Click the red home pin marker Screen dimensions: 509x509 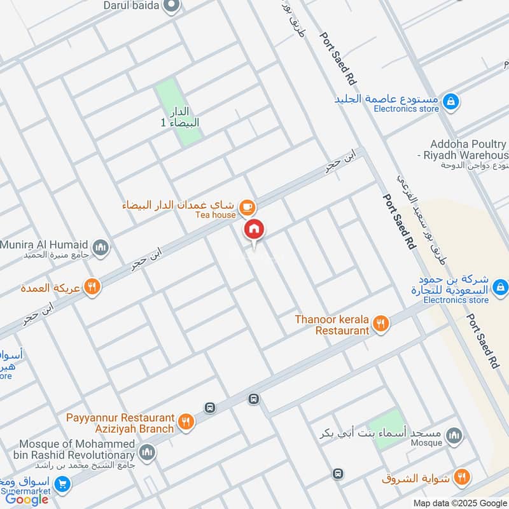pyautogui.click(x=254, y=230)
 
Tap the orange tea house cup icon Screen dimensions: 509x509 pyautogui.click(x=247, y=207)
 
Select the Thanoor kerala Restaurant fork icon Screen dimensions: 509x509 pyautogui.click(x=381, y=324)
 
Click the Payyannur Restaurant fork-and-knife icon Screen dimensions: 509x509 pyautogui.click(x=186, y=422)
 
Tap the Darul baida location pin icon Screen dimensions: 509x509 pyautogui.click(x=171, y=6)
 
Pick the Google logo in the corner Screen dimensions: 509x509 pyautogui.click(x=27, y=499)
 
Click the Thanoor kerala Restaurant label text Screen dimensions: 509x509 pyautogui.click(x=332, y=324)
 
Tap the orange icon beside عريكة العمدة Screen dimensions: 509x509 pyautogui.click(x=92, y=288)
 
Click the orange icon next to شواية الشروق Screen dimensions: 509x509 pyautogui.click(x=462, y=477)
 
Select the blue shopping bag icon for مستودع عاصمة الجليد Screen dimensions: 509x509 pyautogui.click(x=450, y=101)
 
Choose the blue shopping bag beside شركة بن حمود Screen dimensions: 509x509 pyautogui.click(x=500, y=287)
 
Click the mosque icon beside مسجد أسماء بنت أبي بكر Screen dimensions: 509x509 pyautogui.click(x=454, y=435)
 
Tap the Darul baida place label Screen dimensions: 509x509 pyautogui.click(x=132, y=5)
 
